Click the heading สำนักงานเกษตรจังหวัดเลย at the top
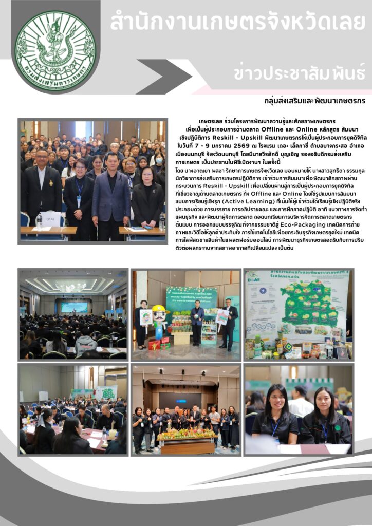tap(237, 23)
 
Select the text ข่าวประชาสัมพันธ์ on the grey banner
tap(300, 73)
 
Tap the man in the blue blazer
tap(111, 190)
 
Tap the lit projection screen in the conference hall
tap(74, 307)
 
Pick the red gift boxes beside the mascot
tap(154, 345)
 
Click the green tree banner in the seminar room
tap(105, 393)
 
